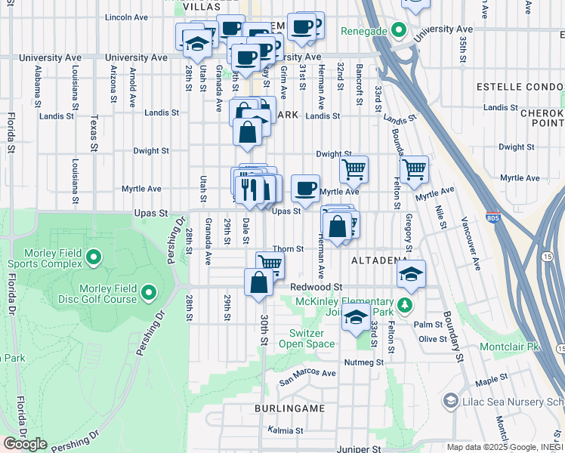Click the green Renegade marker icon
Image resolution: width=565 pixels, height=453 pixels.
pyautogui.click(x=400, y=31)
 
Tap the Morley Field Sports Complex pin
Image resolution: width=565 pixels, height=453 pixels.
pyautogui.click(x=94, y=258)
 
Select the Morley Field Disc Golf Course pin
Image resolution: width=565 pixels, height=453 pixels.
pyautogui.click(x=148, y=292)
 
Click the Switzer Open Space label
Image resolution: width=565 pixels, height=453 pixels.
pyautogui.click(x=312, y=338)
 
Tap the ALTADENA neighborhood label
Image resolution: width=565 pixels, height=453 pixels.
pyautogui.click(x=379, y=260)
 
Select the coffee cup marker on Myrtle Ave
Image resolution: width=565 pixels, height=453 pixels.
pyautogui.click(x=305, y=189)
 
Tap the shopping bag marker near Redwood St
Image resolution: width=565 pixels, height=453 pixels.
pyautogui.click(x=258, y=282)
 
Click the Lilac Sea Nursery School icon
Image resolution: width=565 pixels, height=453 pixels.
pyautogui.click(x=451, y=399)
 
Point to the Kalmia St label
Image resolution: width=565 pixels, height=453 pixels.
pyautogui.click(x=285, y=430)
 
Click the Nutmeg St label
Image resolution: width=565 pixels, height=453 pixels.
pyautogui.click(x=365, y=362)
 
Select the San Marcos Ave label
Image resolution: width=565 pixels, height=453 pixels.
pyautogui.click(x=307, y=373)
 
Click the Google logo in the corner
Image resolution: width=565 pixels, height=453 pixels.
pyautogui.click(x=25, y=444)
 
